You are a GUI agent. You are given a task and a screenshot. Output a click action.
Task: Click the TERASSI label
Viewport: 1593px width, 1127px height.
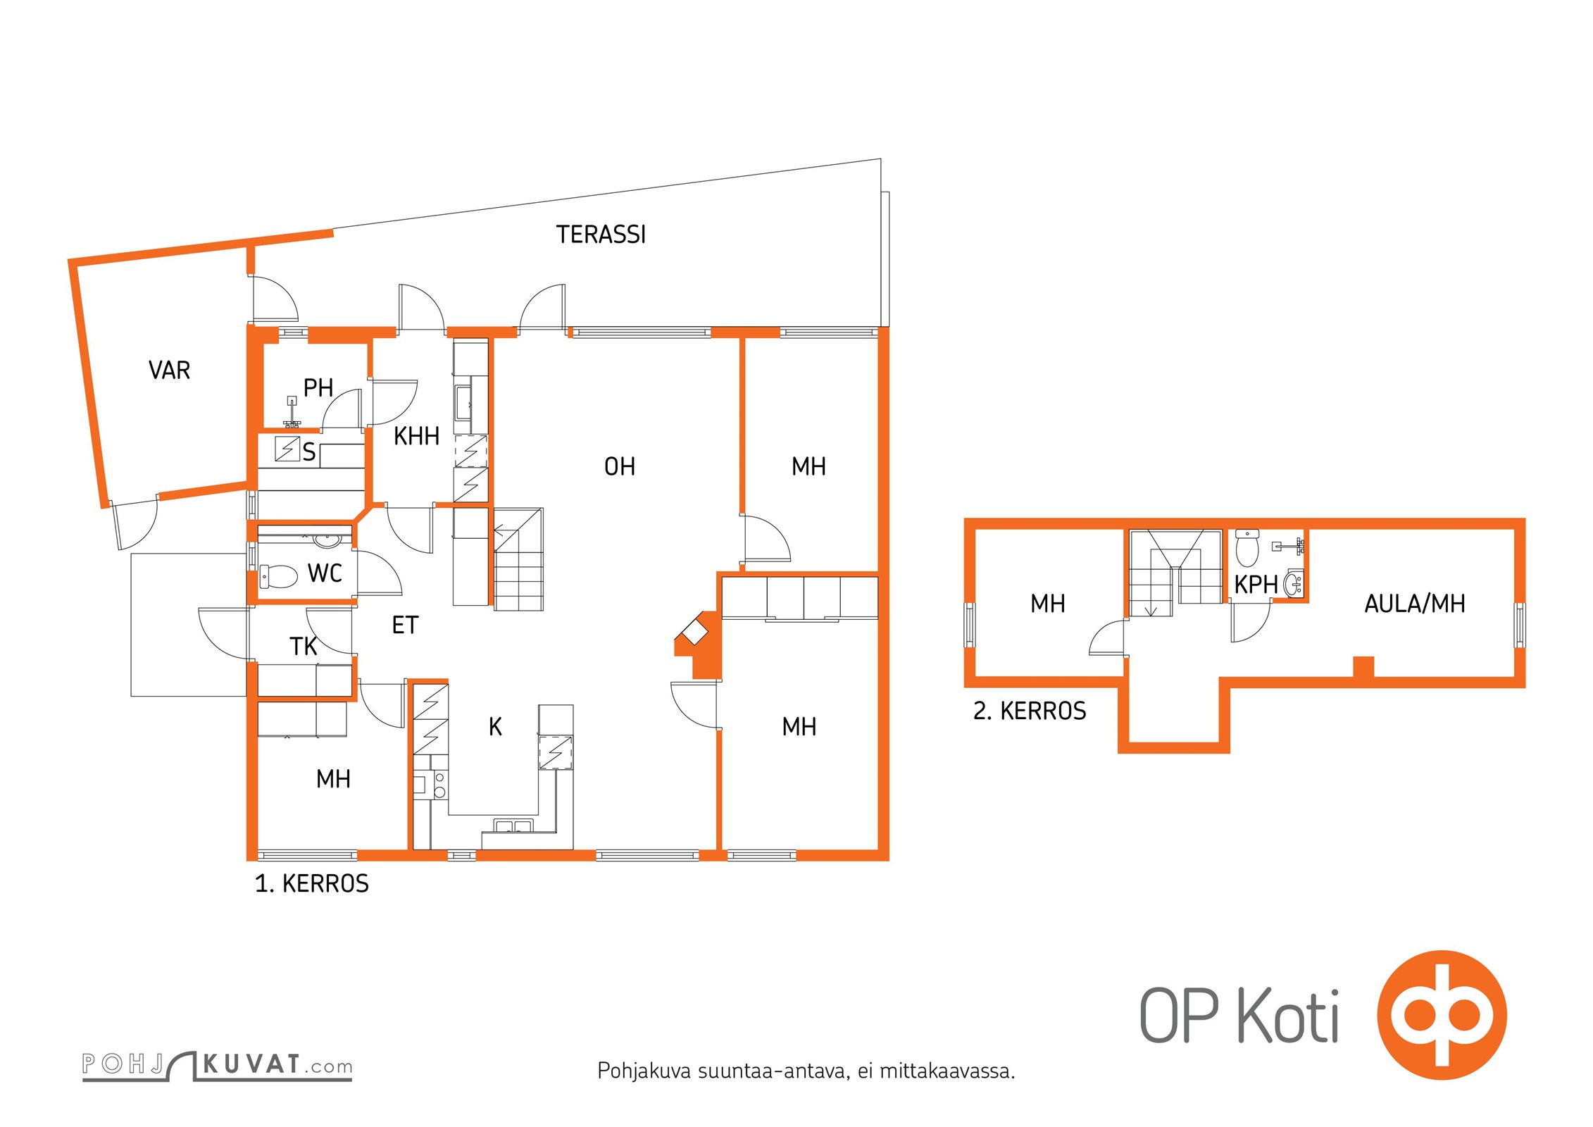[x=601, y=235]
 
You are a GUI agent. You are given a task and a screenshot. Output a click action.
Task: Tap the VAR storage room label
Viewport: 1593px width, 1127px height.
[x=170, y=371]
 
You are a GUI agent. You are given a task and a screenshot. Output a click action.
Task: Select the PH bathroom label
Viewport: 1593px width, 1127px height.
[x=318, y=387]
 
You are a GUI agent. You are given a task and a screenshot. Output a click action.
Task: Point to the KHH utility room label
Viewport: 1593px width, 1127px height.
[x=416, y=436]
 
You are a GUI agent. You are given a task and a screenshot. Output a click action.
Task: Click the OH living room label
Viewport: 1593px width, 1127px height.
[x=620, y=466]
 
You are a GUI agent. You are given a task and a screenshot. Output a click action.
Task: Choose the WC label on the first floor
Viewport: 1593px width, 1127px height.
[x=325, y=573]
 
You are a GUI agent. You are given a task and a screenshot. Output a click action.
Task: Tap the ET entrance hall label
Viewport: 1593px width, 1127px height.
[x=405, y=625]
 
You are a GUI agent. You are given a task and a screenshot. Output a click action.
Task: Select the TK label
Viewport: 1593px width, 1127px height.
[x=304, y=647]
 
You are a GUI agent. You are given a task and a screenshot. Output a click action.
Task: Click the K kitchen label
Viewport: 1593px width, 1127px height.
[x=495, y=727]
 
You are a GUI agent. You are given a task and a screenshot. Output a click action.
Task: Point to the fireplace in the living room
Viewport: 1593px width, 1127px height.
[x=697, y=645]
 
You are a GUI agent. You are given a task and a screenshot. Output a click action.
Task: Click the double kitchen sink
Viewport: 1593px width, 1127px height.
[x=513, y=826]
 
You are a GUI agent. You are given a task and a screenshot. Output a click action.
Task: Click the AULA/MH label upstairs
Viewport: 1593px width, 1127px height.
[x=1415, y=604]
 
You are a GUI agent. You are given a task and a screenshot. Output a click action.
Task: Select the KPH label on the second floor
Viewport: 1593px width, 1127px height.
[x=1256, y=585]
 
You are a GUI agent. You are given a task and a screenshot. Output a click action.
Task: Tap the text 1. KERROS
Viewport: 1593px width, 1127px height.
[x=311, y=883]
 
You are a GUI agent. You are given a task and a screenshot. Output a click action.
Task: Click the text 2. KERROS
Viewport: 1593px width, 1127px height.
[x=1030, y=711]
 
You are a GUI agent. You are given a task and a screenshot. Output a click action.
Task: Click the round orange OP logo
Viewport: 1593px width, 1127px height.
[x=1442, y=1015]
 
